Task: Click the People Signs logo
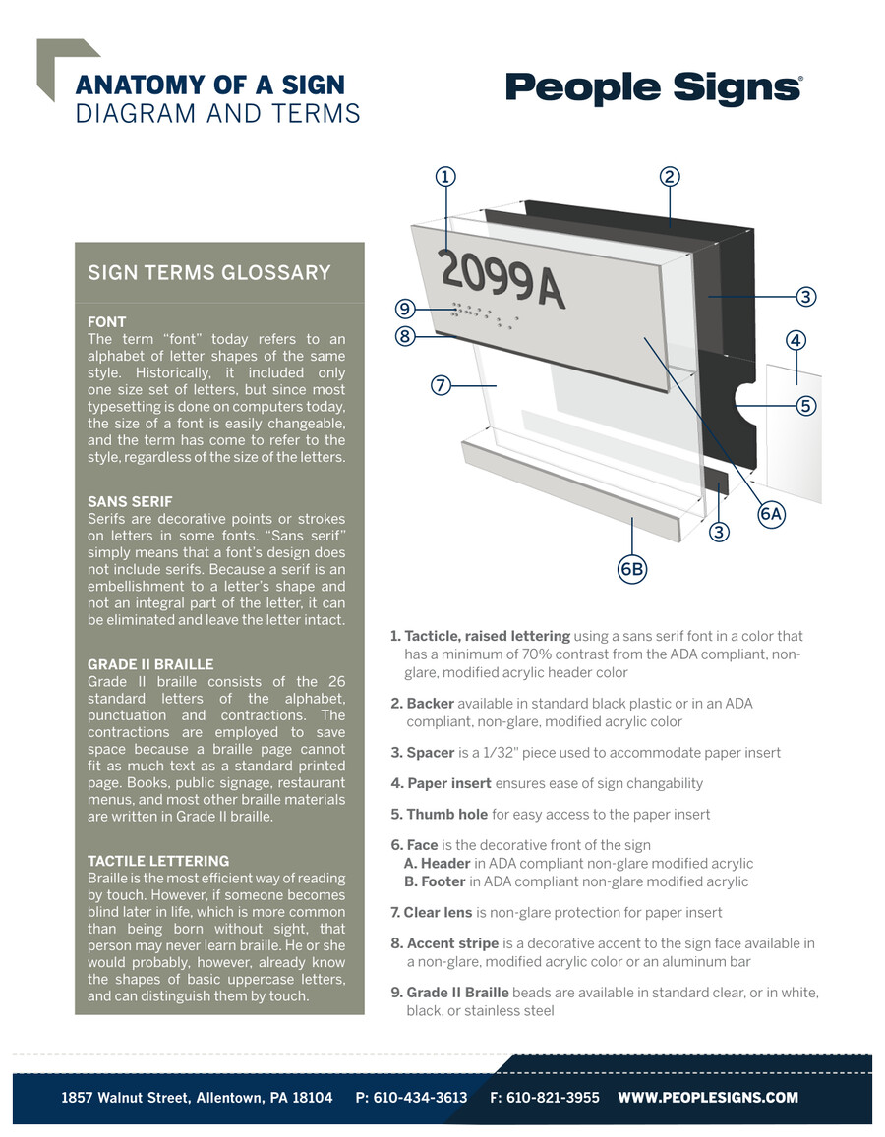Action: [x=654, y=88]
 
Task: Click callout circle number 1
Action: [x=445, y=177]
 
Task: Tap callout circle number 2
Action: [x=669, y=177]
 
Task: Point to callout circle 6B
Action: [x=631, y=568]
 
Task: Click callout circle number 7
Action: [x=441, y=385]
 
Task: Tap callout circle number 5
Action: [x=805, y=404]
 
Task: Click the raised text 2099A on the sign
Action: [x=501, y=278]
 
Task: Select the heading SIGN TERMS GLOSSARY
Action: [x=208, y=272]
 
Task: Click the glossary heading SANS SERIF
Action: [x=130, y=501]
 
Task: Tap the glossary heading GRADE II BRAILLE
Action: [x=150, y=664]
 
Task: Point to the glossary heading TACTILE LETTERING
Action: [x=158, y=861]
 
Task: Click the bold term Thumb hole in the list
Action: [x=448, y=814]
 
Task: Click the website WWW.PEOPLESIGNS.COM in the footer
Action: [x=708, y=1098]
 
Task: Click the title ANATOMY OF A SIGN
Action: [x=210, y=85]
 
